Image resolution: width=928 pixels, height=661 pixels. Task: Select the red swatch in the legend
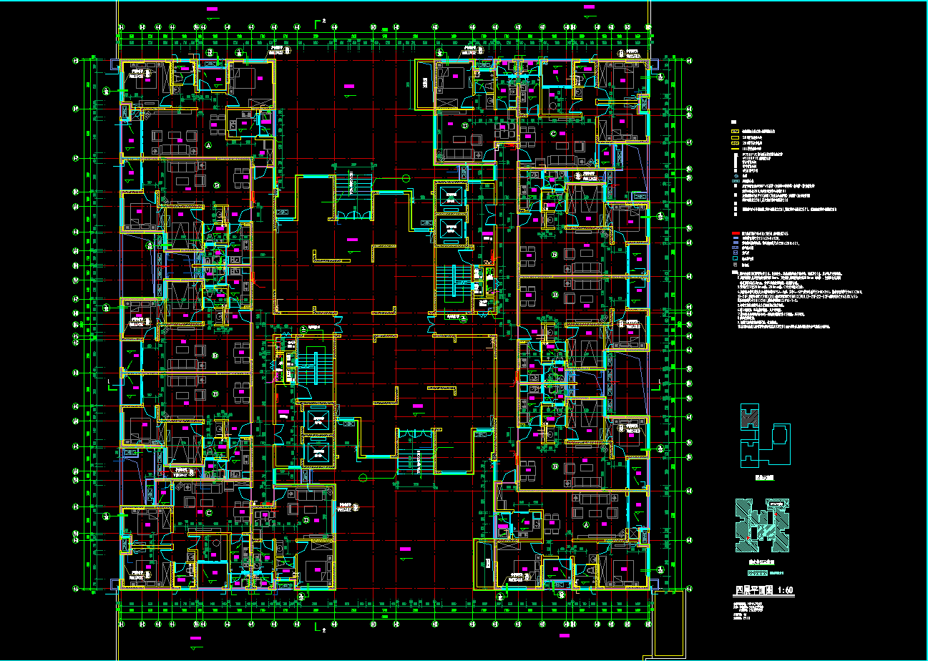pos(735,234)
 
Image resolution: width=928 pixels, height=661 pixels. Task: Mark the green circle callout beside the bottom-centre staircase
pos(363,477)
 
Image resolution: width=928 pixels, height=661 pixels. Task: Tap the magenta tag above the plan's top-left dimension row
pos(212,10)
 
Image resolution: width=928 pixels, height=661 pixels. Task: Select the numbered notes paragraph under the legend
pos(780,300)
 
